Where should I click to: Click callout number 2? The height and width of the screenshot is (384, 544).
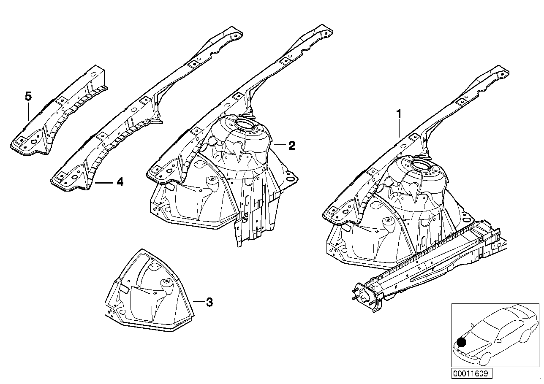[x=291, y=146]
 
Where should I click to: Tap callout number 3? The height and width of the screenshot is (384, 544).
[x=209, y=302]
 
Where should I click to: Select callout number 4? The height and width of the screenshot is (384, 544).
[x=120, y=182]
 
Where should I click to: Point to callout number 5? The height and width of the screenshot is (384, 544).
[x=28, y=97]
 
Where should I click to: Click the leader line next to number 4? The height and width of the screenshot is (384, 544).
[x=104, y=183]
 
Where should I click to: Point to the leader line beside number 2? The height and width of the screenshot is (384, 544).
[x=280, y=146]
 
